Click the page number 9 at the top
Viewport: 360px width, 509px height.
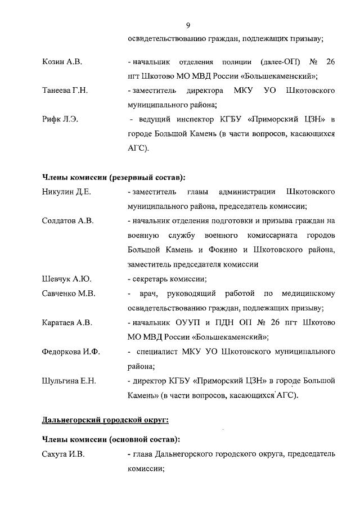[x=188, y=25]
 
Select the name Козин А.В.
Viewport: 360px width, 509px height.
[x=62, y=61]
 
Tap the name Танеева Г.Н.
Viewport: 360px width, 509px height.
[x=65, y=91]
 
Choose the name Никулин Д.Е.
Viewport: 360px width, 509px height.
[x=66, y=192]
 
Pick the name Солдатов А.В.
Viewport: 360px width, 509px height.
[x=67, y=220]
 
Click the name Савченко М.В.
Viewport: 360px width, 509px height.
[x=69, y=294]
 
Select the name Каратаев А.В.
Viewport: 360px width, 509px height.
[x=67, y=323]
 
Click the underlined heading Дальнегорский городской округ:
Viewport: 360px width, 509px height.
[x=105, y=420]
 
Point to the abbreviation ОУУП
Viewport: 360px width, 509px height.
[x=197, y=323]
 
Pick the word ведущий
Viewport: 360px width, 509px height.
[x=154, y=120]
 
